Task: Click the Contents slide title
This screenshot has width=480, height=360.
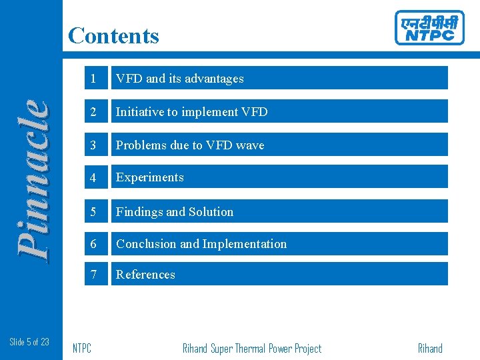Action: [113, 35]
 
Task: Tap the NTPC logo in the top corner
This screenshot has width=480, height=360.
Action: [429, 28]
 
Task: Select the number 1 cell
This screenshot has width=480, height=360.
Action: [95, 79]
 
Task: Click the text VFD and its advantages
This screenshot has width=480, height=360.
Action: [179, 79]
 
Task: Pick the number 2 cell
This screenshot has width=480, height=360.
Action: [95, 112]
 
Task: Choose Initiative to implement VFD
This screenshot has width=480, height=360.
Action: [191, 112]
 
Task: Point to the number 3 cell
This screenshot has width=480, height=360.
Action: [95, 145]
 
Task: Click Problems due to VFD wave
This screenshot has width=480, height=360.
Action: [190, 145]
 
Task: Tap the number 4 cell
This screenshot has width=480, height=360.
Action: [95, 177]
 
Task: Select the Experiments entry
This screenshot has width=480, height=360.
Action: [150, 177]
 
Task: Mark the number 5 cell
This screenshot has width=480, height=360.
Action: [95, 212]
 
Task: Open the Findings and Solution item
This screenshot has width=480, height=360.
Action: [175, 212]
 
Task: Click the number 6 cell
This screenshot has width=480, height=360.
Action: [95, 244]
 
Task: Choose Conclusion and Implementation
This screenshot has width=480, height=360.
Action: [201, 244]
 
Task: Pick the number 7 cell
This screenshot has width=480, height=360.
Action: [95, 275]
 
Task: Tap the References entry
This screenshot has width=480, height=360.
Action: [145, 275]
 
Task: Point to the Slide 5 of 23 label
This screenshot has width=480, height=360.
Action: [29, 342]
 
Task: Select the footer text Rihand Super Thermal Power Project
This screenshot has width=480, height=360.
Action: [251, 349]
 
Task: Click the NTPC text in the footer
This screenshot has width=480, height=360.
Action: [81, 349]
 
